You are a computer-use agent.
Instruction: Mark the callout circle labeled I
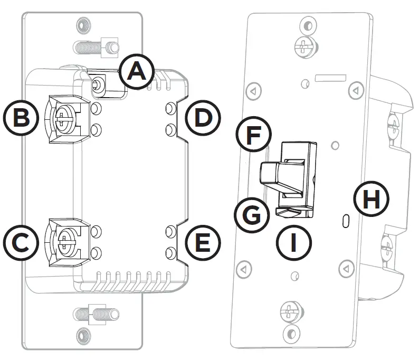pos(294,243)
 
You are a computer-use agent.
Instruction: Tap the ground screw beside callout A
pos(98,83)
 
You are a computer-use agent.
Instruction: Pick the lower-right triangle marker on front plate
pos(346,270)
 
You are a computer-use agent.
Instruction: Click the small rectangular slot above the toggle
pos(329,78)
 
